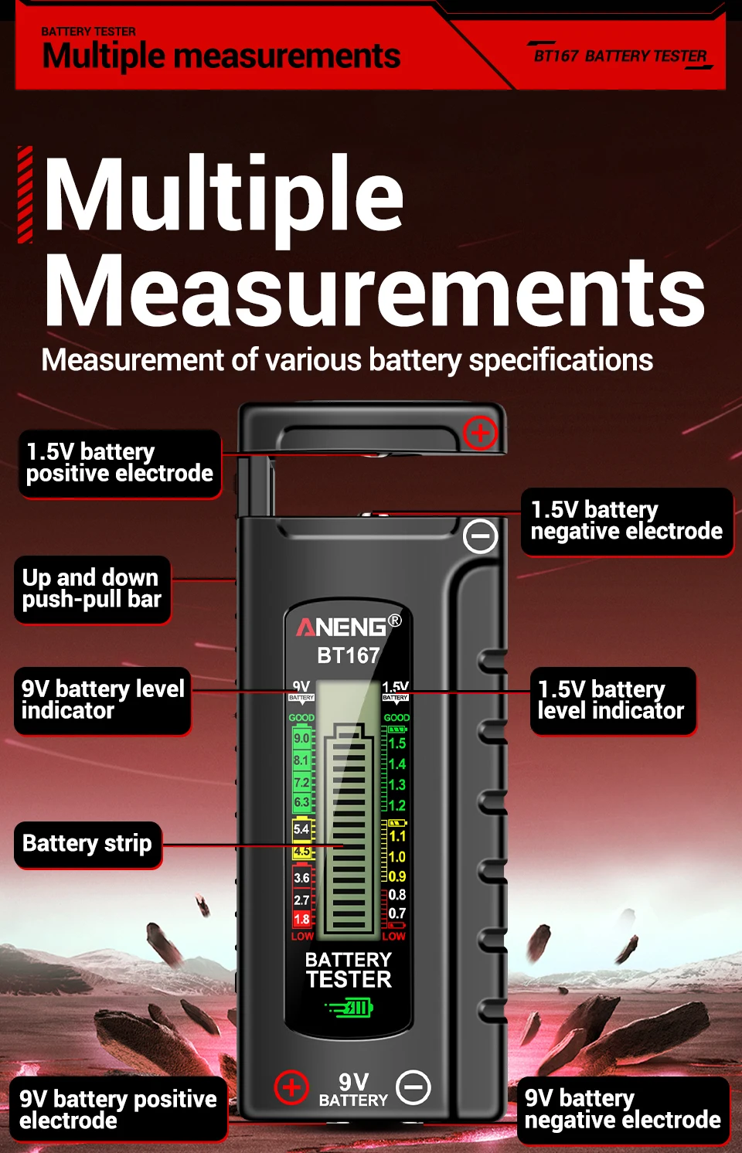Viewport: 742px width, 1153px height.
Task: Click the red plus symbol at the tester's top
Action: (x=480, y=433)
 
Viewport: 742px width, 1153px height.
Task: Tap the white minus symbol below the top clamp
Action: (x=480, y=536)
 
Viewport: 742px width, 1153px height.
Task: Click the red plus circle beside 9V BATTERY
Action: (x=291, y=1087)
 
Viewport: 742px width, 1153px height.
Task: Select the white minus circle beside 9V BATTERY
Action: (x=414, y=1087)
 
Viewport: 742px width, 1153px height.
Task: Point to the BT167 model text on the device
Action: (x=349, y=655)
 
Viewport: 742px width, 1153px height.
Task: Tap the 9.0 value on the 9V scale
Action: (x=301, y=739)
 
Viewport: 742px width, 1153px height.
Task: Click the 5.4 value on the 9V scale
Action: (x=301, y=829)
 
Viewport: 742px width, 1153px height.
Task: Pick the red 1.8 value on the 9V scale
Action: (x=301, y=919)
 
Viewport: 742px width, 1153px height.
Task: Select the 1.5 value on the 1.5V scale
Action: (x=397, y=743)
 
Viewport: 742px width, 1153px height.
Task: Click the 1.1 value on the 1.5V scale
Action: (x=397, y=836)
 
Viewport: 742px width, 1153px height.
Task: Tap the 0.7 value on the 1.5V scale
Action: (x=397, y=913)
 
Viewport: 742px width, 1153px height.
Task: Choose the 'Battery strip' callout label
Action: (x=87, y=843)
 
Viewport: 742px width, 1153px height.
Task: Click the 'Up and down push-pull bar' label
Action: (x=92, y=589)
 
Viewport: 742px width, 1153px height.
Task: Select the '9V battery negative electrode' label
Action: (x=622, y=1109)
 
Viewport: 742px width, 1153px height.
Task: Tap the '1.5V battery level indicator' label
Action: (x=611, y=700)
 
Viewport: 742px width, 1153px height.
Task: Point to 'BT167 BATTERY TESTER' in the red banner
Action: (x=620, y=56)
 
